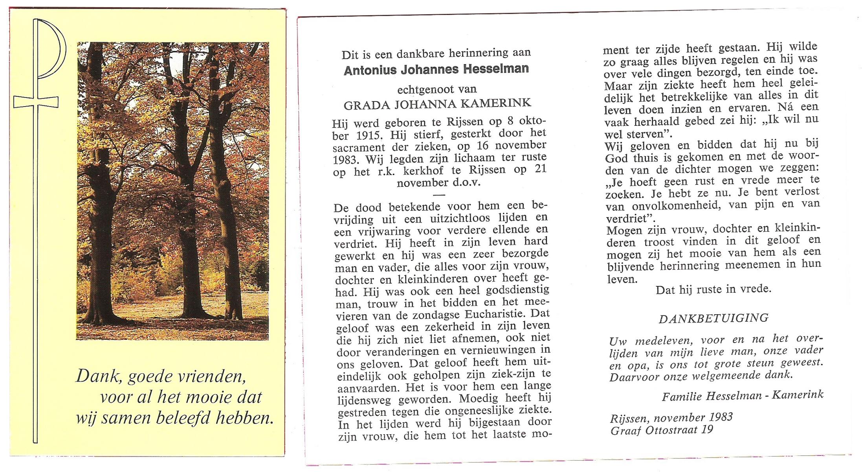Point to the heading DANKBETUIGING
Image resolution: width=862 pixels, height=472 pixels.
coord(713,318)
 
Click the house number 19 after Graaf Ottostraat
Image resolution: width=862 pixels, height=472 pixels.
coord(707,430)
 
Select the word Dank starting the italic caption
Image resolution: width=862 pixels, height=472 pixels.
coord(97,376)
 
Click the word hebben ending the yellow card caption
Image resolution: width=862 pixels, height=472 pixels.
coord(244,418)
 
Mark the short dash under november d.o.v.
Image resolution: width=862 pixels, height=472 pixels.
coord(439,195)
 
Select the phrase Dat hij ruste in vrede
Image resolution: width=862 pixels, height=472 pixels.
coord(713,289)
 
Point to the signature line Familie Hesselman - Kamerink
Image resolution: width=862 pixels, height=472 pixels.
coord(742,395)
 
